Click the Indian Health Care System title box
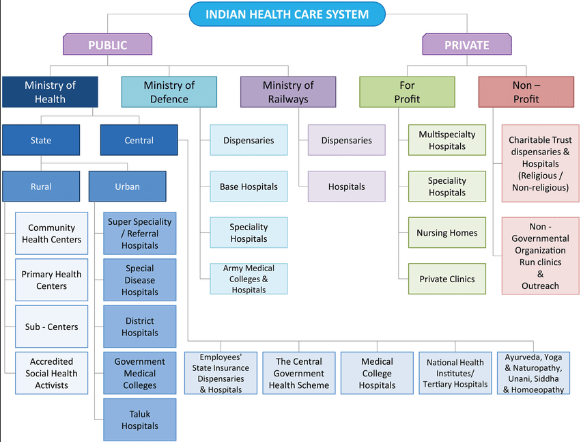click(x=287, y=14)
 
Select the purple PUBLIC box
click(x=107, y=45)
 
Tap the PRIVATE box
click(x=466, y=45)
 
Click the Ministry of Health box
click(x=50, y=92)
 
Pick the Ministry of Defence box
click(x=169, y=92)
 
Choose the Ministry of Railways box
click(x=288, y=92)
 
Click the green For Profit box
click(x=407, y=92)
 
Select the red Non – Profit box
click(x=526, y=92)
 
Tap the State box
click(x=41, y=140)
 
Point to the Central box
click(x=139, y=140)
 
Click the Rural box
click(x=41, y=187)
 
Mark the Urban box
click(x=127, y=187)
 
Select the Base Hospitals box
click(x=249, y=187)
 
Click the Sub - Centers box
click(x=52, y=327)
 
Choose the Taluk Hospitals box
click(x=139, y=419)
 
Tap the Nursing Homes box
click(x=447, y=233)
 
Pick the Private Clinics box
click(x=447, y=279)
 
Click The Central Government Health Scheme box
click(x=299, y=373)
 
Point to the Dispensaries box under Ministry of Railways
click(x=346, y=140)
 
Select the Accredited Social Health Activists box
click(x=52, y=373)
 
